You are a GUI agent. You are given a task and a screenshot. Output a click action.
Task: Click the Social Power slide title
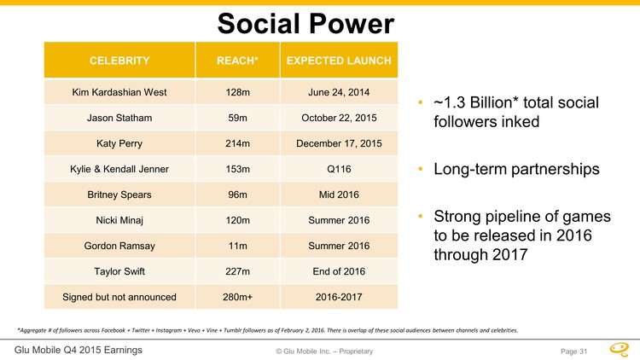click(x=306, y=23)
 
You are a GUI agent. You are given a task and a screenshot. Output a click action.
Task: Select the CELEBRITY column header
click(x=119, y=61)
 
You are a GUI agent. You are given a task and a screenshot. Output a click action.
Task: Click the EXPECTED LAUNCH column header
click(x=339, y=61)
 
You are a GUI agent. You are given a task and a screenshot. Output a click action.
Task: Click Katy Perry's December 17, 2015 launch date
click(x=339, y=143)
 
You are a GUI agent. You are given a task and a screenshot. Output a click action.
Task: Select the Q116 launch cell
click(x=339, y=169)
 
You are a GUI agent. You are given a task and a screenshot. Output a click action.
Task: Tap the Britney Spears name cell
click(x=119, y=195)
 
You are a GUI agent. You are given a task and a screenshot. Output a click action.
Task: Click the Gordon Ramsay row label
click(x=119, y=246)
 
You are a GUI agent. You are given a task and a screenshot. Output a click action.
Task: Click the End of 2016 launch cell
click(x=339, y=271)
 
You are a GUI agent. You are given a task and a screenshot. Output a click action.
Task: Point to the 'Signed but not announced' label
click(x=119, y=297)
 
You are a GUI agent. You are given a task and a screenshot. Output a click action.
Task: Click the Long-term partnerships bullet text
click(x=516, y=169)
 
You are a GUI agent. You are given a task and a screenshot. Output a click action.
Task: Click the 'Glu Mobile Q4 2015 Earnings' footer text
click(x=79, y=350)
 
